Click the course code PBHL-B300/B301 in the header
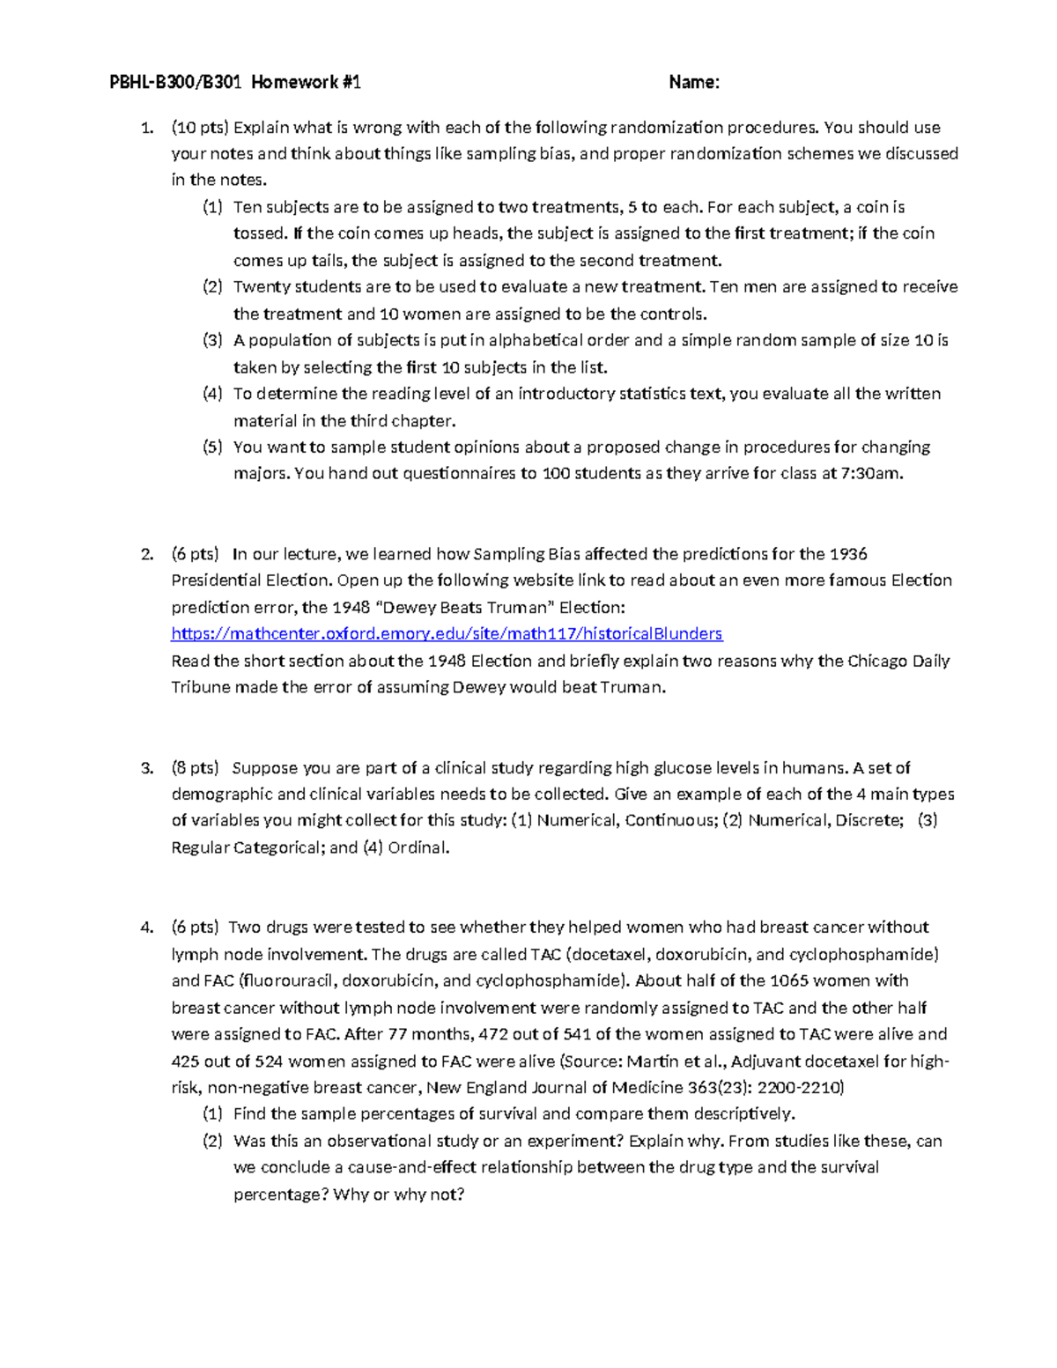click(x=175, y=83)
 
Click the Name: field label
click(x=694, y=83)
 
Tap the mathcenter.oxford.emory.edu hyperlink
click(x=447, y=633)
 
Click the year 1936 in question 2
click(x=847, y=554)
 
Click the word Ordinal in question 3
click(x=418, y=847)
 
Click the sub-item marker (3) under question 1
click(x=212, y=340)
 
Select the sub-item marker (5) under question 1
click(x=212, y=447)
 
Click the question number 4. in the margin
click(x=147, y=927)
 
